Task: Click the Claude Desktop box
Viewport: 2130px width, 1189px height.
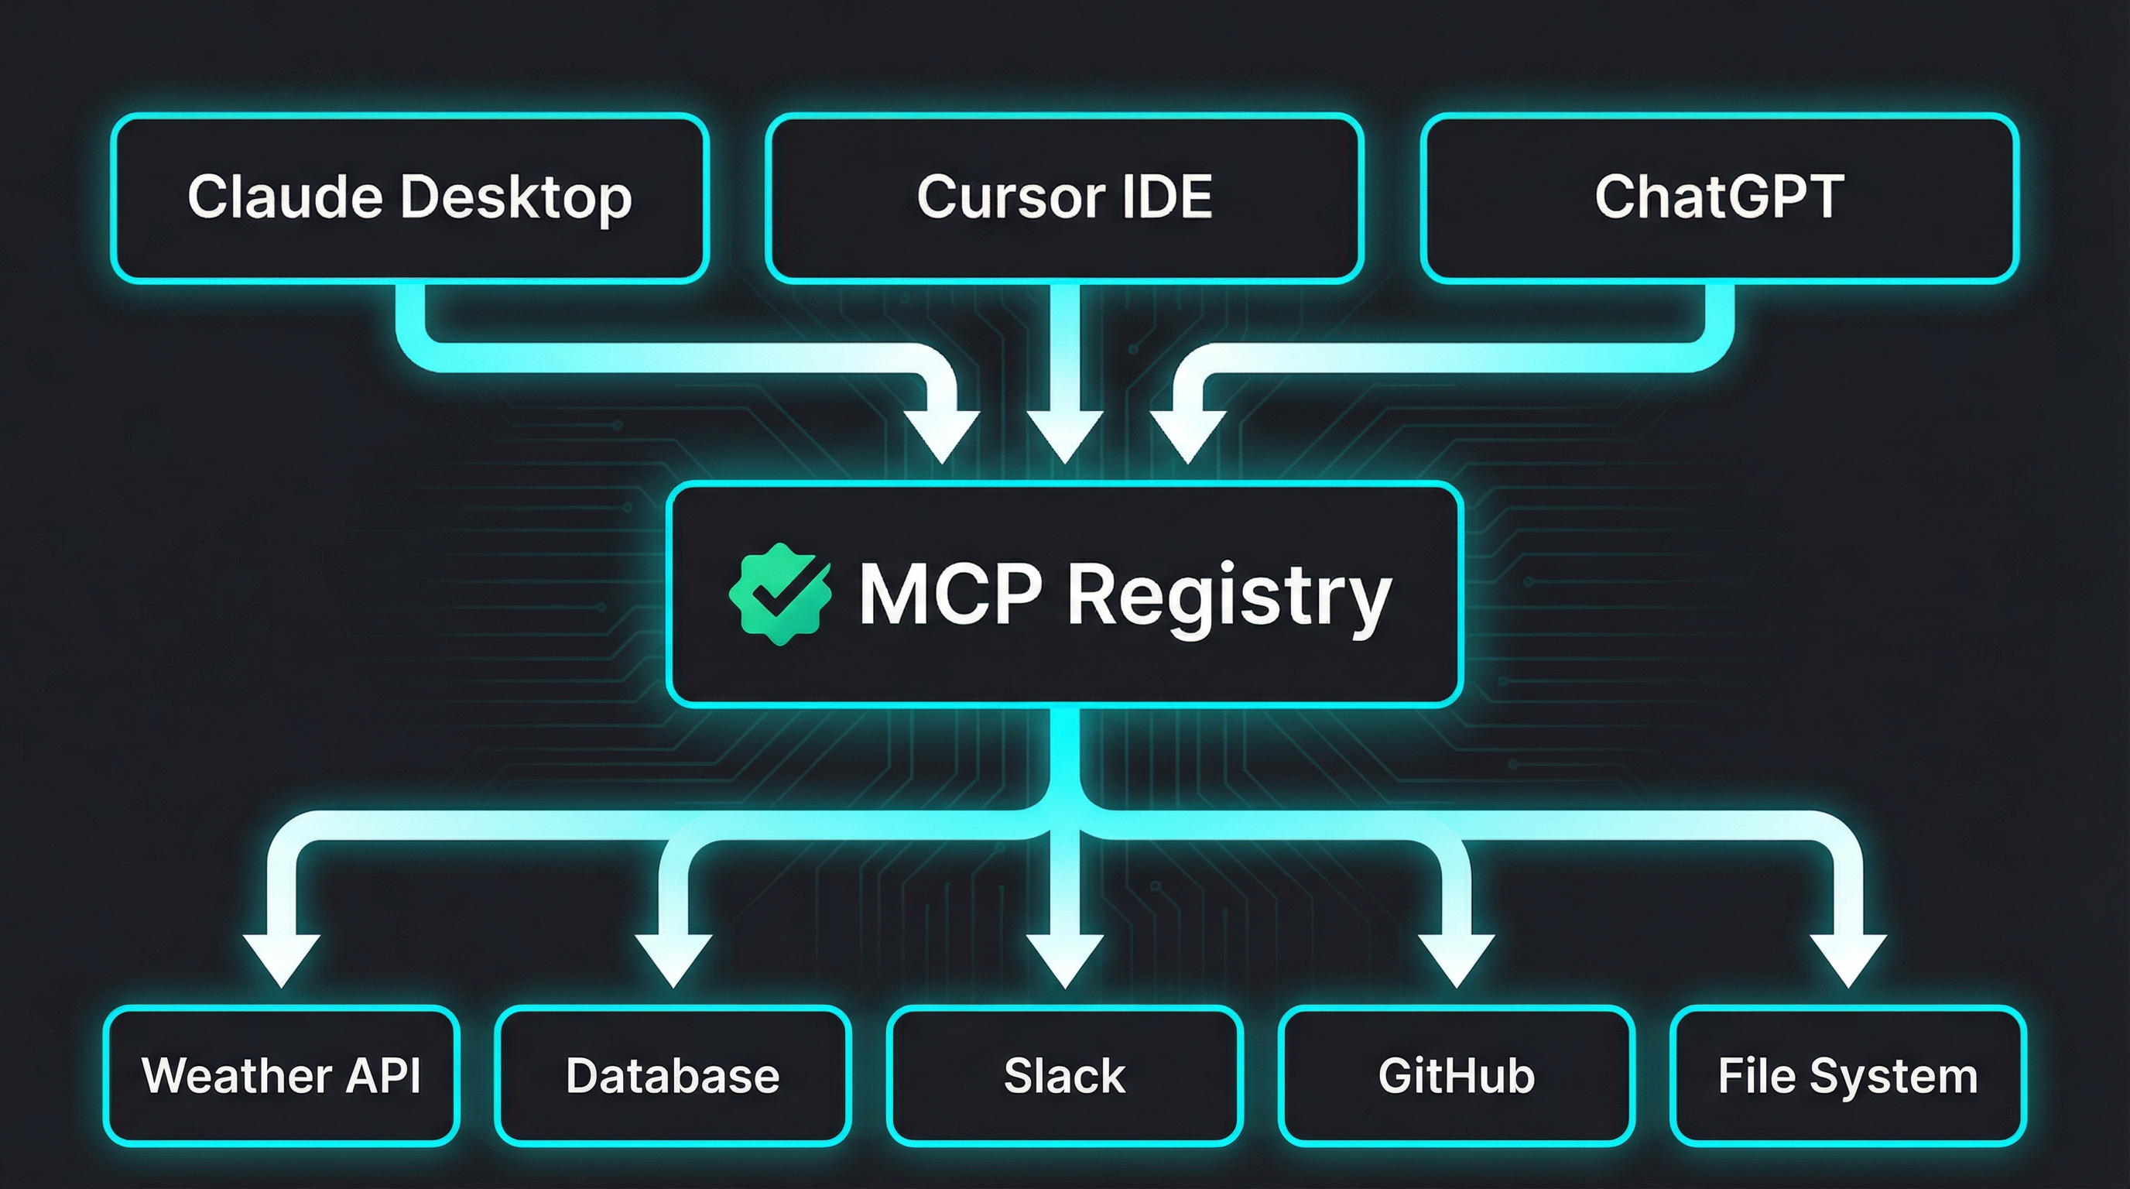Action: (410, 198)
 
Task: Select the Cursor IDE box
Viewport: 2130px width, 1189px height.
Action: (1064, 198)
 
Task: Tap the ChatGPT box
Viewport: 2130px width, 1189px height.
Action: (1719, 198)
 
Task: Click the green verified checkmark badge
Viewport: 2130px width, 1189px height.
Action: (779, 594)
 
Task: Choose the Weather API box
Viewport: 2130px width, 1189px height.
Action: (281, 1075)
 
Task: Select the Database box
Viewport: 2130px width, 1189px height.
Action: (673, 1075)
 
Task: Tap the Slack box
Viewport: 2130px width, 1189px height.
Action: (1064, 1075)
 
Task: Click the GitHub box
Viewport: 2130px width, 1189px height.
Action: (1456, 1075)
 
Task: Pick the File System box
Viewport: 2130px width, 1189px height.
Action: (1847, 1075)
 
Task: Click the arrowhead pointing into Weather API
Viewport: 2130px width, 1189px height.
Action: (281, 959)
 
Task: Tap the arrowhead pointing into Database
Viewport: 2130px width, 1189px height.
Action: (673, 959)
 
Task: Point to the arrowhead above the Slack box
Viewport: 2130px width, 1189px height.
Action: (1065, 959)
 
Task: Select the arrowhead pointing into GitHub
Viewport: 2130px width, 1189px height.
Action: (1456, 959)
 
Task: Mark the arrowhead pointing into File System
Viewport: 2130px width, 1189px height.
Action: (1848, 959)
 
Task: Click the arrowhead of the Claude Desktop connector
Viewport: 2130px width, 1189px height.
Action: (941, 434)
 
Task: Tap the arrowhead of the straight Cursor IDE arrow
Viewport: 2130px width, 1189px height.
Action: (1065, 434)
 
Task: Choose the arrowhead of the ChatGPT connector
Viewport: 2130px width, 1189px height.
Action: (1188, 434)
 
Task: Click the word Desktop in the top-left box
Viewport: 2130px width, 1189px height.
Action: (516, 198)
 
